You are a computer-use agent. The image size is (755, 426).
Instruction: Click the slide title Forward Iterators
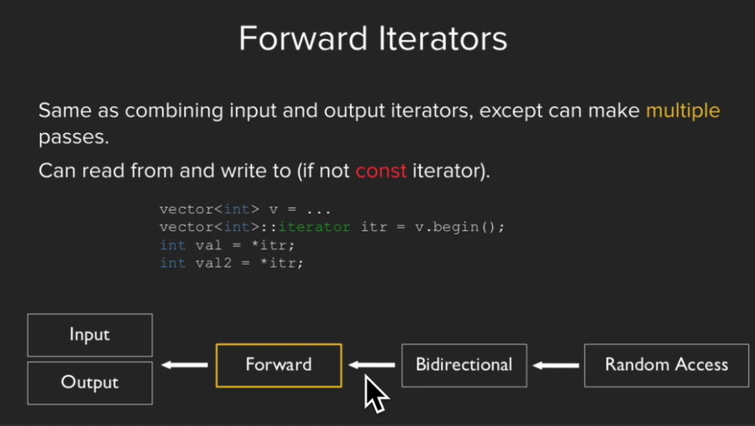[373, 39]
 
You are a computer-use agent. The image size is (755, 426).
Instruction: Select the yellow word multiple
[683, 111]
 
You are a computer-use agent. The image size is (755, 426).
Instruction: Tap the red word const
[381, 171]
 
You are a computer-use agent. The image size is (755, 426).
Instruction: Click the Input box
[90, 335]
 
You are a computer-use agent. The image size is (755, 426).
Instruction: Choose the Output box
[90, 383]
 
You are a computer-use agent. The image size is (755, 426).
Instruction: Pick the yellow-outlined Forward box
[279, 365]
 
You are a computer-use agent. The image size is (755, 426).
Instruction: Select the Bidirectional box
[464, 365]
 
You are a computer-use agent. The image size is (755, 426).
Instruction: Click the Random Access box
[666, 365]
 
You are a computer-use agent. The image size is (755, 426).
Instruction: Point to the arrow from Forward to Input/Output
[185, 365]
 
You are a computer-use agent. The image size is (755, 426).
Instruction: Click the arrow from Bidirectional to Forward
[372, 365]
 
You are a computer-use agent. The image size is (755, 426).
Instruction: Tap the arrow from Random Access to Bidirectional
[556, 365]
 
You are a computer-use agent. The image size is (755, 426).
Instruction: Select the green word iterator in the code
[315, 227]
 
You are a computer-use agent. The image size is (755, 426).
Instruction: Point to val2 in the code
[214, 263]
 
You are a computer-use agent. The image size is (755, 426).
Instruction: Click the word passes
[73, 138]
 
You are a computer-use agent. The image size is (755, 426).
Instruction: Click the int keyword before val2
[173, 263]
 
